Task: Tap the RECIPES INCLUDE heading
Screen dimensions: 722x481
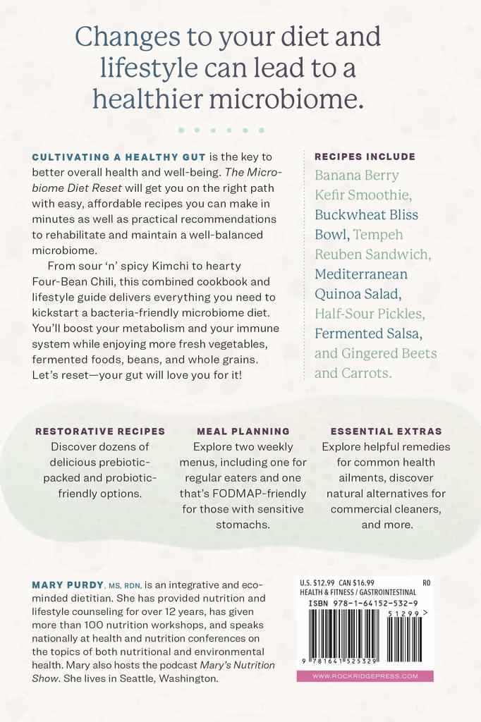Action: (x=365, y=157)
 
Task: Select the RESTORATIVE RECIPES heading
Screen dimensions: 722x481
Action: (x=100, y=431)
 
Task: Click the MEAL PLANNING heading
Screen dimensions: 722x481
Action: (x=243, y=431)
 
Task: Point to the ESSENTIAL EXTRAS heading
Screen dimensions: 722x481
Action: (x=386, y=431)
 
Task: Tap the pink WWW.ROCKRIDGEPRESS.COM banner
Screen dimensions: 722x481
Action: (x=365, y=675)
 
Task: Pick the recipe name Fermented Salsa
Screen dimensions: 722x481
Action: (x=373, y=333)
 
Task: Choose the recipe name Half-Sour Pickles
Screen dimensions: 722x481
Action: (x=370, y=313)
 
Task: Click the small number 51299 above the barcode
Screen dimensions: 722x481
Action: (x=403, y=614)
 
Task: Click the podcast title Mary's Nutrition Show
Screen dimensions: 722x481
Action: (x=212, y=666)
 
